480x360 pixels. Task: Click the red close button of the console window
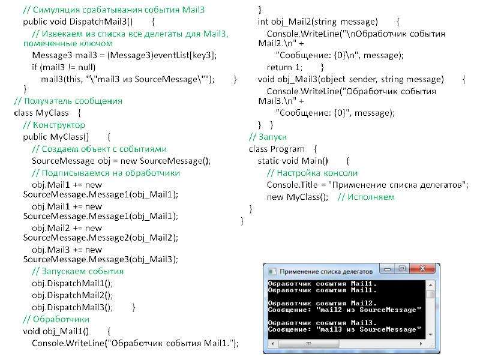422,269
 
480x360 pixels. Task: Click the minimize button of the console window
387,269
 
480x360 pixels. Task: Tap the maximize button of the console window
402,269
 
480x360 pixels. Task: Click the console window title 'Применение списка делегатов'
326,272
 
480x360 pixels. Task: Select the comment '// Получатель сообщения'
68,101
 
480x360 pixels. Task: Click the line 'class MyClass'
41,113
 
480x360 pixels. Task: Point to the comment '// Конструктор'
54,125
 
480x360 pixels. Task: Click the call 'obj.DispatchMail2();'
72,295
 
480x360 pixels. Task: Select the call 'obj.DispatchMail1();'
72,283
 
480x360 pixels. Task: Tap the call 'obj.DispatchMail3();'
72,307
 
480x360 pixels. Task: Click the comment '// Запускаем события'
78,271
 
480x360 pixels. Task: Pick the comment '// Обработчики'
56,319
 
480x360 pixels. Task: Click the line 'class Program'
277,149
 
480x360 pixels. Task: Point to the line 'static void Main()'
293,161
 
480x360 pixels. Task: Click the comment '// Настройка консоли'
312,173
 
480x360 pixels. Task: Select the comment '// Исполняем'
366,197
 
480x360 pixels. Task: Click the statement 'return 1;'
284,67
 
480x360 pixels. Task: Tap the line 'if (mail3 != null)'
64,67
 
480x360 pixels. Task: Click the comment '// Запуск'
268,137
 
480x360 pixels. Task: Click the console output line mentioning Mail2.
322,304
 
